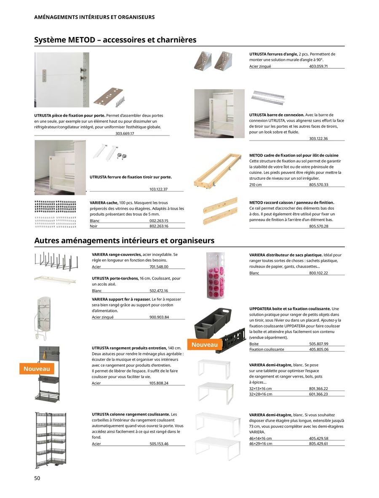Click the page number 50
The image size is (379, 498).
point(37,478)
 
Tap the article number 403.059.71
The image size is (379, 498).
point(318,67)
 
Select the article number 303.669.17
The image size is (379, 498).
point(125,133)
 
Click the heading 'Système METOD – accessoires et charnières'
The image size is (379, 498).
point(115,40)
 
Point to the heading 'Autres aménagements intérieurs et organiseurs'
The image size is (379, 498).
point(124,241)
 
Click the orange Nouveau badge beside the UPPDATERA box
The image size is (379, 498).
point(205,345)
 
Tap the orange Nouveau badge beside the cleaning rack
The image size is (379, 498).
point(37,369)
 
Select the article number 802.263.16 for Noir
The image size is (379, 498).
point(159,226)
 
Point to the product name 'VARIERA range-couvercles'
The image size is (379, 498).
point(117,255)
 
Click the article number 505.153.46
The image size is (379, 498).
point(159,444)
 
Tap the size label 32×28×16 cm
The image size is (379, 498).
point(260,394)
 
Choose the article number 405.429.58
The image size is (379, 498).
point(318,438)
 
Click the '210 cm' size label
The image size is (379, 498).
point(255,185)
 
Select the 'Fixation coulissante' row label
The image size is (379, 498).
point(267,349)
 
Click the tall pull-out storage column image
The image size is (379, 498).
point(50,440)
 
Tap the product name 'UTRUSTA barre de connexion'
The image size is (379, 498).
point(276,115)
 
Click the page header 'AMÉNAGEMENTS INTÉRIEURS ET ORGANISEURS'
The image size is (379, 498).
point(94,17)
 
